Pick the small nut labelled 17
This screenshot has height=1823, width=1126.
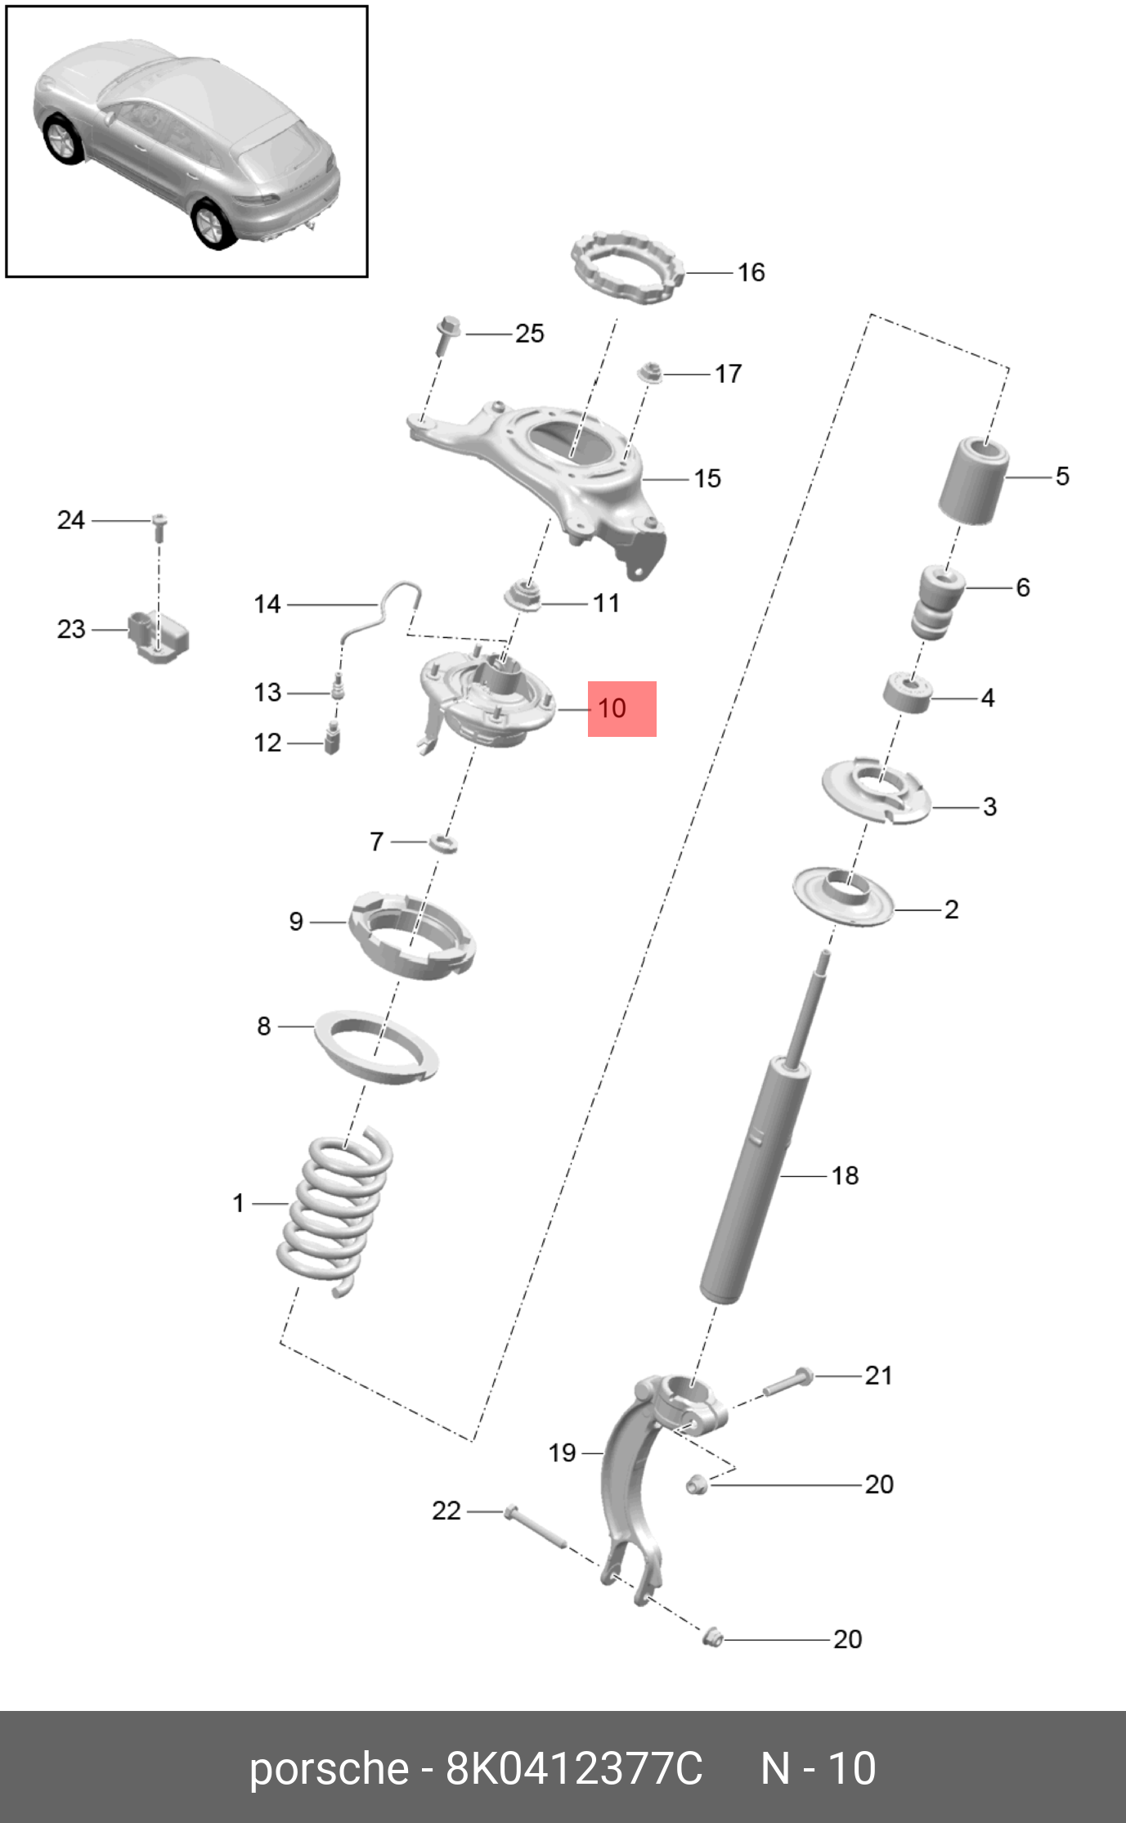coord(649,373)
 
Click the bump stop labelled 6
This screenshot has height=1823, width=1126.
coord(937,604)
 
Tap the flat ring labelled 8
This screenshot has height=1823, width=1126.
coord(376,1047)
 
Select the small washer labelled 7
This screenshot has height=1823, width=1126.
coord(442,842)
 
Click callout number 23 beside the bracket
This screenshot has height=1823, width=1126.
coord(71,629)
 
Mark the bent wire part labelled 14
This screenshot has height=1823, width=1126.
coord(384,609)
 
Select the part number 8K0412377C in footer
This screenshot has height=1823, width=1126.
coord(573,1768)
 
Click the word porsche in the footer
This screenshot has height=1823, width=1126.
coord(328,1768)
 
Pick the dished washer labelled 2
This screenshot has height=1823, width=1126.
coord(842,896)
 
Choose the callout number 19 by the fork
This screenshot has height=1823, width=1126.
coord(562,1453)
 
